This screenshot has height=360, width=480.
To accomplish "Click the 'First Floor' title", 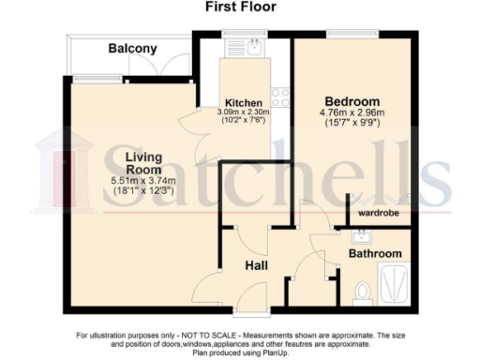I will coord(239,7).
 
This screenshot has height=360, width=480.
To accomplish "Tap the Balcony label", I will coord(132,48).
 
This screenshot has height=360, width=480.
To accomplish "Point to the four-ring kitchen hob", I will coord(279,95).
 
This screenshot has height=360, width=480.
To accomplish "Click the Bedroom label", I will coord(352,101).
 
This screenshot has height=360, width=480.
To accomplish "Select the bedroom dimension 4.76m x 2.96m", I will coord(352,115).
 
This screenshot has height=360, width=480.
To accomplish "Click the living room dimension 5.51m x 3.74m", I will coord(131,180).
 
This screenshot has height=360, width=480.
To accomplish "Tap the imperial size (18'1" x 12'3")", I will coord(131,190).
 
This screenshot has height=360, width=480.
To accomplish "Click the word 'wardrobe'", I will coord(378,214).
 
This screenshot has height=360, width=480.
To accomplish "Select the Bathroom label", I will coord(375,253).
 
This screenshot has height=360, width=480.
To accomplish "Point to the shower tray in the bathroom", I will coord(394,282).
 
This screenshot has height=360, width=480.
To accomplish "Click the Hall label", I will coord(258,266).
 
